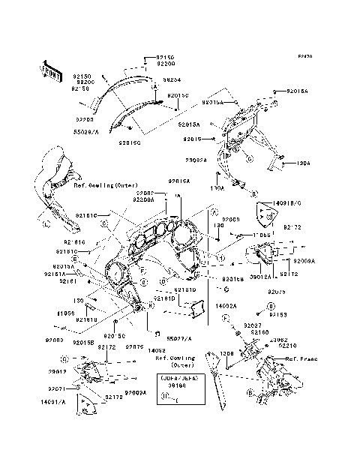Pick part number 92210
coord(286,345)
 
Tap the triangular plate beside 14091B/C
coord(262,214)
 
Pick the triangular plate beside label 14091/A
coord(88,407)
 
